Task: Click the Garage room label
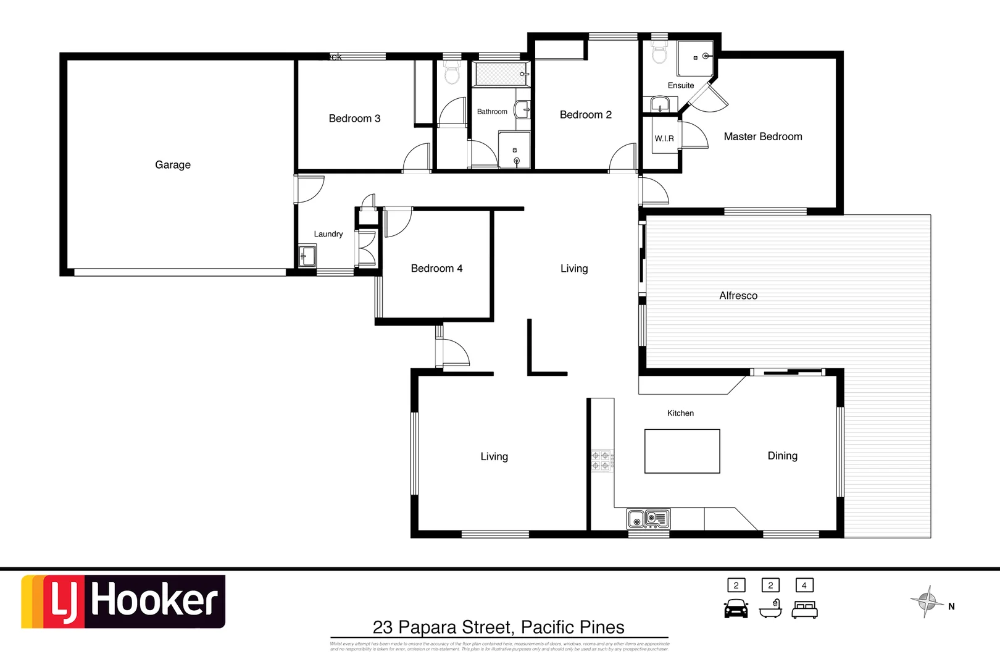(173, 165)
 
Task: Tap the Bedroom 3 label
(354, 119)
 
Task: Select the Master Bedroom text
(763, 136)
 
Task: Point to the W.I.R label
(664, 138)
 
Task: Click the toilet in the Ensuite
(659, 52)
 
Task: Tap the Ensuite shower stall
(696, 58)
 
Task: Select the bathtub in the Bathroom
(501, 74)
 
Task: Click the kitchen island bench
(682, 451)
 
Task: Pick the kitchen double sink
(648, 519)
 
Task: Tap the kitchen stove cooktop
(601, 460)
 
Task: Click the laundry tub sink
(307, 256)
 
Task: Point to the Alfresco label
(738, 296)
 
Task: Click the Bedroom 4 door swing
(398, 222)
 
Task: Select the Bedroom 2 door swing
(623, 157)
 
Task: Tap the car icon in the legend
(736, 609)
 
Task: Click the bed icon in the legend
(804, 610)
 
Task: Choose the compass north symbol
(927, 601)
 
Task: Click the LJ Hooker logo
(123, 602)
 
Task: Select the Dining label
(782, 456)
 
